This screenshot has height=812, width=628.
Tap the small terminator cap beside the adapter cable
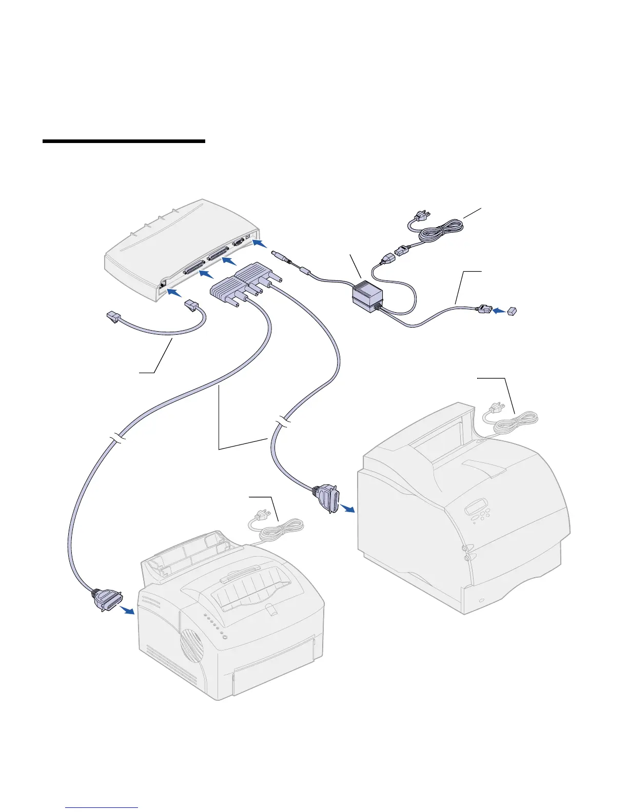512,311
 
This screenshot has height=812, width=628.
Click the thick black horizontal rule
124,141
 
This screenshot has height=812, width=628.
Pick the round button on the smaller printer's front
224,638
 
